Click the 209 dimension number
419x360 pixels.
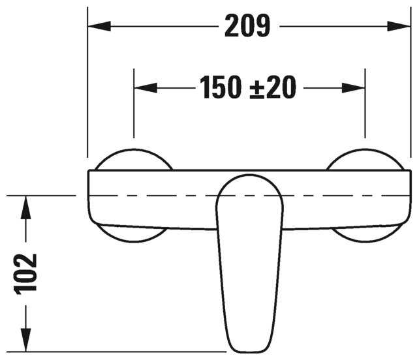(247, 26)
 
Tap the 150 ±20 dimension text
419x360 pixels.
(247, 87)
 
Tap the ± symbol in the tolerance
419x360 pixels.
(258, 88)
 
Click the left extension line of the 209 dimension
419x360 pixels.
(87, 85)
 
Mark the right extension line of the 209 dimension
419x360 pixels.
(411, 85)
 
